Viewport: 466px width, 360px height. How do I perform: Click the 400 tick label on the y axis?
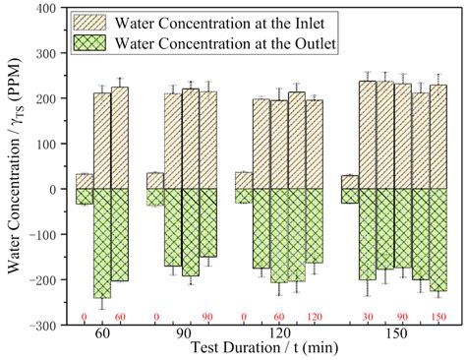tap(46, 8)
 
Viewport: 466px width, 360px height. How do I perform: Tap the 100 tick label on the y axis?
tap(46, 144)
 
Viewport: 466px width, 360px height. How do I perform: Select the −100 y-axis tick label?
tap(42, 234)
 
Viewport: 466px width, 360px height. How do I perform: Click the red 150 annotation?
tap(438, 317)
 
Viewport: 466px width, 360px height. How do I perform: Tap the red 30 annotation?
tap(368, 317)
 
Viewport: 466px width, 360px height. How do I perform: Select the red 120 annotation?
tap(315, 317)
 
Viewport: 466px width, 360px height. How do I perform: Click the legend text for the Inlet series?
tap(219, 24)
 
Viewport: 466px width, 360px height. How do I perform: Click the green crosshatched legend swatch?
tap(89, 42)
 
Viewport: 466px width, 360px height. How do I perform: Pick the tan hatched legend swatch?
tap(89, 23)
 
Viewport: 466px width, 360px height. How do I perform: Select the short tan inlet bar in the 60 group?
tap(85, 181)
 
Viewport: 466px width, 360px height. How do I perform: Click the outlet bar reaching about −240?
tap(102, 243)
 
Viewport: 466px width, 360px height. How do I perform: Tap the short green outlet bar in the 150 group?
tap(350, 196)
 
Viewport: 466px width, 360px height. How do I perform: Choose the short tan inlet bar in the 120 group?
tap(244, 181)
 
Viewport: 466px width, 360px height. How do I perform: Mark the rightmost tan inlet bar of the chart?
tap(438, 137)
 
